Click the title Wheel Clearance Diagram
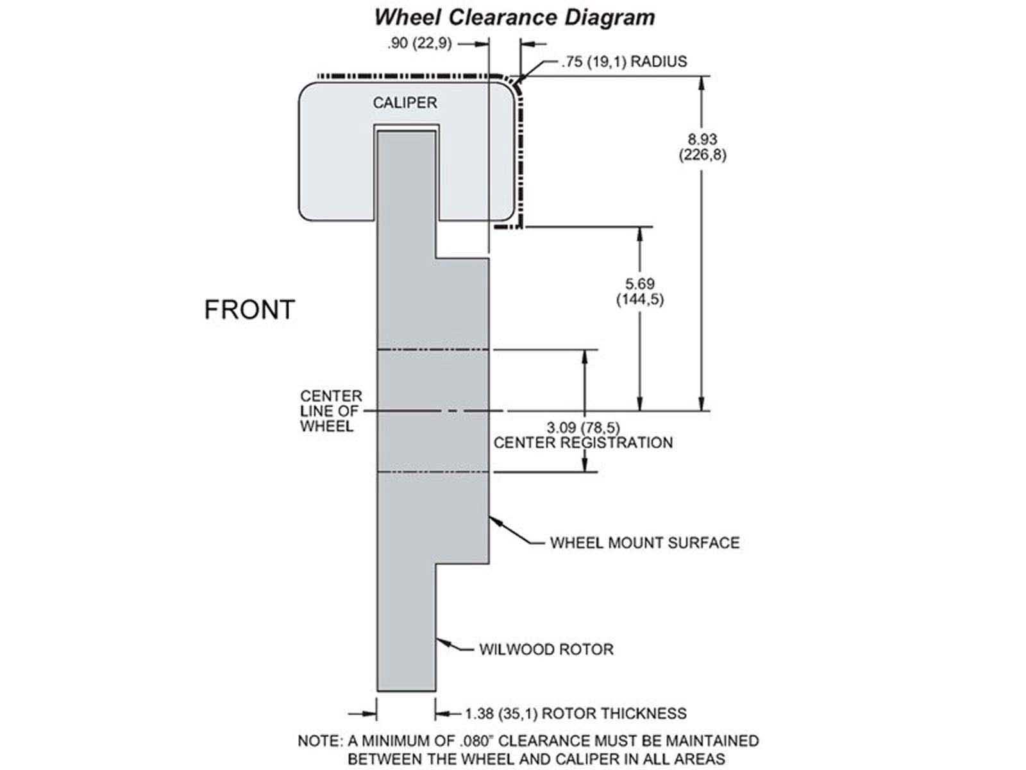click(x=514, y=17)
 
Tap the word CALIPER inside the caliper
click(x=405, y=103)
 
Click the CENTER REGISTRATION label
click(x=583, y=443)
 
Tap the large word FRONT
click(x=249, y=310)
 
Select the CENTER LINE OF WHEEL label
click(x=331, y=411)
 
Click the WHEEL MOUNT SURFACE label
click(x=644, y=543)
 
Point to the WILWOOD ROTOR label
click(x=546, y=649)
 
